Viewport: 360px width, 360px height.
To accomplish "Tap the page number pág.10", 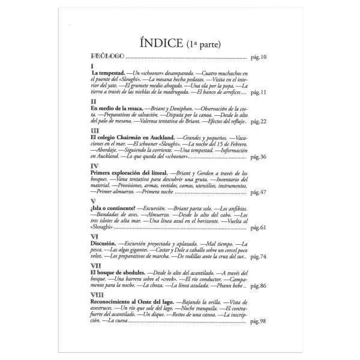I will pyautogui.click(x=259, y=58).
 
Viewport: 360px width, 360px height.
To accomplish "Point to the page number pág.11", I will pyautogui.click(x=259, y=92).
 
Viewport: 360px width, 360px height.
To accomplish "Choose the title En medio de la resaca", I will pyautogui.click(x=118, y=109).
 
